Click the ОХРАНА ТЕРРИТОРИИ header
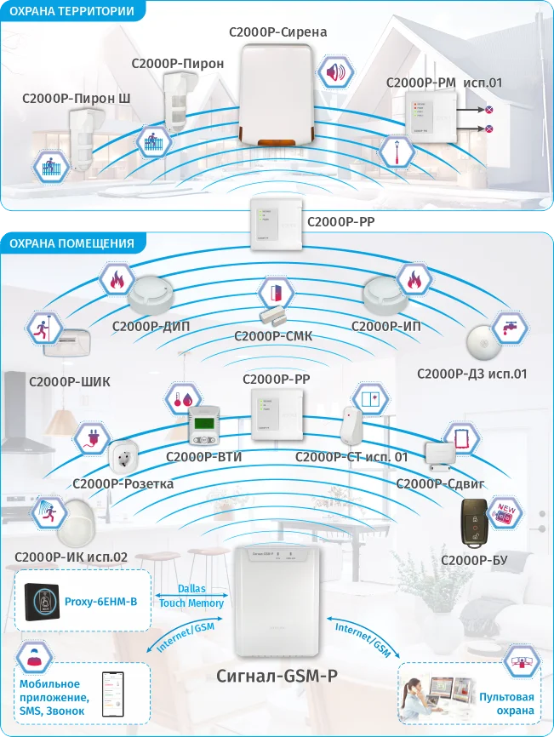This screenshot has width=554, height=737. point(71,11)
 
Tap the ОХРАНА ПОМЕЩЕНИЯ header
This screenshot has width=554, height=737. point(71,243)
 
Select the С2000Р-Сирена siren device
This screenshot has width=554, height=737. point(277,94)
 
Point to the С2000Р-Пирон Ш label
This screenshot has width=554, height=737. point(77,99)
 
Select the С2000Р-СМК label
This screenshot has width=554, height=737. point(273,336)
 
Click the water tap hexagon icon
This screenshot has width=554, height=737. point(510,329)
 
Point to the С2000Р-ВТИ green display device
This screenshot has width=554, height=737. point(205,426)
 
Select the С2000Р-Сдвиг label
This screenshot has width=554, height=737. point(441,483)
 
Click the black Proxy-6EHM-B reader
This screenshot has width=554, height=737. point(40,602)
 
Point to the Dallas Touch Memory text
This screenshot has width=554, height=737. point(191,596)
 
